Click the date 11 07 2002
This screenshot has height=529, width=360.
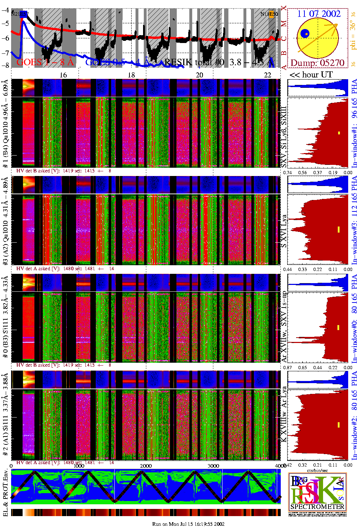(x=319, y=14)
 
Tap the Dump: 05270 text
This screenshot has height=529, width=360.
(x=317, y=63)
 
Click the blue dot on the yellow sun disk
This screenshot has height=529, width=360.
(x=305, y=34)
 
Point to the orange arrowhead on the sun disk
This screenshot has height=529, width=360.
(x=336, y=25)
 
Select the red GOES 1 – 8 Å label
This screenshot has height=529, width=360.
(x=45, y=62)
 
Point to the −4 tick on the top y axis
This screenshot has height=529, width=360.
(x=5, y=10)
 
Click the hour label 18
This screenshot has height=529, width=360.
(x=131, y=75)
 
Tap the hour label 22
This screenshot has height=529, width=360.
(x=267, y=75)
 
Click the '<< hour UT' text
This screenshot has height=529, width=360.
(x=311, y=75)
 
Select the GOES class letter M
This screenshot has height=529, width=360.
(x=284, y=24)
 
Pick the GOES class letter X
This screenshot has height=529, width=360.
(x=284, y=8)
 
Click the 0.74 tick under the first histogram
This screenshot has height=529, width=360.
(x=287, y=172)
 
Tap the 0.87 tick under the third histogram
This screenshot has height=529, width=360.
(x=287, y=368)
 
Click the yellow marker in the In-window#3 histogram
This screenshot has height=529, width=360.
(x=338, y=229)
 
